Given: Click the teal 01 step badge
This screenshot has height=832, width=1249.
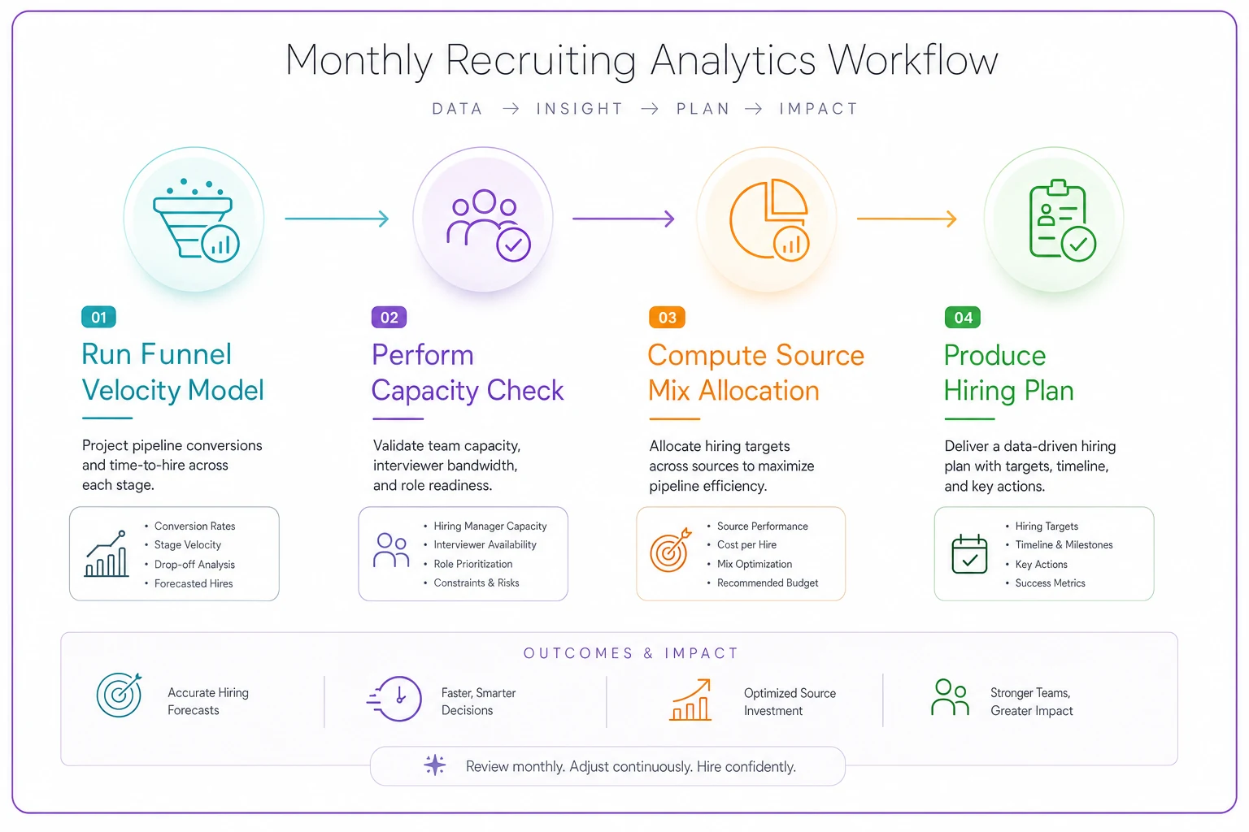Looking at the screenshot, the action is click(x=98, y=317).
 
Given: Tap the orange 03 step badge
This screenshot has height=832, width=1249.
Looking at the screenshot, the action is click(x=667, y=318).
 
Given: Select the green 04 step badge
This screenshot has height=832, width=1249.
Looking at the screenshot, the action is click(x=963, y=318).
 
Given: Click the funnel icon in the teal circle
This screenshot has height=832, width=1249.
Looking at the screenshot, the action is click(x=196, y=221).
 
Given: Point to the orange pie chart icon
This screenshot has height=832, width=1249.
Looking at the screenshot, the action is click(x=769, y=219).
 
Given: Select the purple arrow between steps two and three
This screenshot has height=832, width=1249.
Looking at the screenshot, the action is click(x=624, y=219).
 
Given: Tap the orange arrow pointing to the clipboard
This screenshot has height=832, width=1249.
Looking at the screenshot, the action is click(x=907, y=219).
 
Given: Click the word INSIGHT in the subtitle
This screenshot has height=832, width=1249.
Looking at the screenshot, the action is click(x=580, y=109).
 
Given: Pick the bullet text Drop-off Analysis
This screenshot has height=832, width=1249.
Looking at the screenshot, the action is click(x=194, y=565).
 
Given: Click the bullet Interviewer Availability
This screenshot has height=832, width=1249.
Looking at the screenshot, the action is click(x=485, y=544).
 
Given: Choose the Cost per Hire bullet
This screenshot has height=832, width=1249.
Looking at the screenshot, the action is click(x=746, y=544).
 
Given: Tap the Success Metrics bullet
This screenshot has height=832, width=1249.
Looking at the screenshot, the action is click(x=1050, y=583).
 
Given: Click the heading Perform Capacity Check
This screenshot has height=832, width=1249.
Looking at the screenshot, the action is click(x=468, y=372).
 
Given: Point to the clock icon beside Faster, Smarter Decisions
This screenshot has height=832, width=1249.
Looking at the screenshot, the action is click(x=394, y=699).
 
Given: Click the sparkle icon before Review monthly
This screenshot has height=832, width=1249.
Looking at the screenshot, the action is click(x=435, y=765).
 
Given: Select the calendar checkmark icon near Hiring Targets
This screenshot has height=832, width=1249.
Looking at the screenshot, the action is click(x=969, y=554).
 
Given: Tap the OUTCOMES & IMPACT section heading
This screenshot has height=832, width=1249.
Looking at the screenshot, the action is click(x=631, y=653).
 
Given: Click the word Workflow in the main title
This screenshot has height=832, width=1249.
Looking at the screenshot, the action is click(x=913, y=60).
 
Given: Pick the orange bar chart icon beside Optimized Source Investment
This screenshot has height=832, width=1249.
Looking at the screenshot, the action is click(x=690, y=700).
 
